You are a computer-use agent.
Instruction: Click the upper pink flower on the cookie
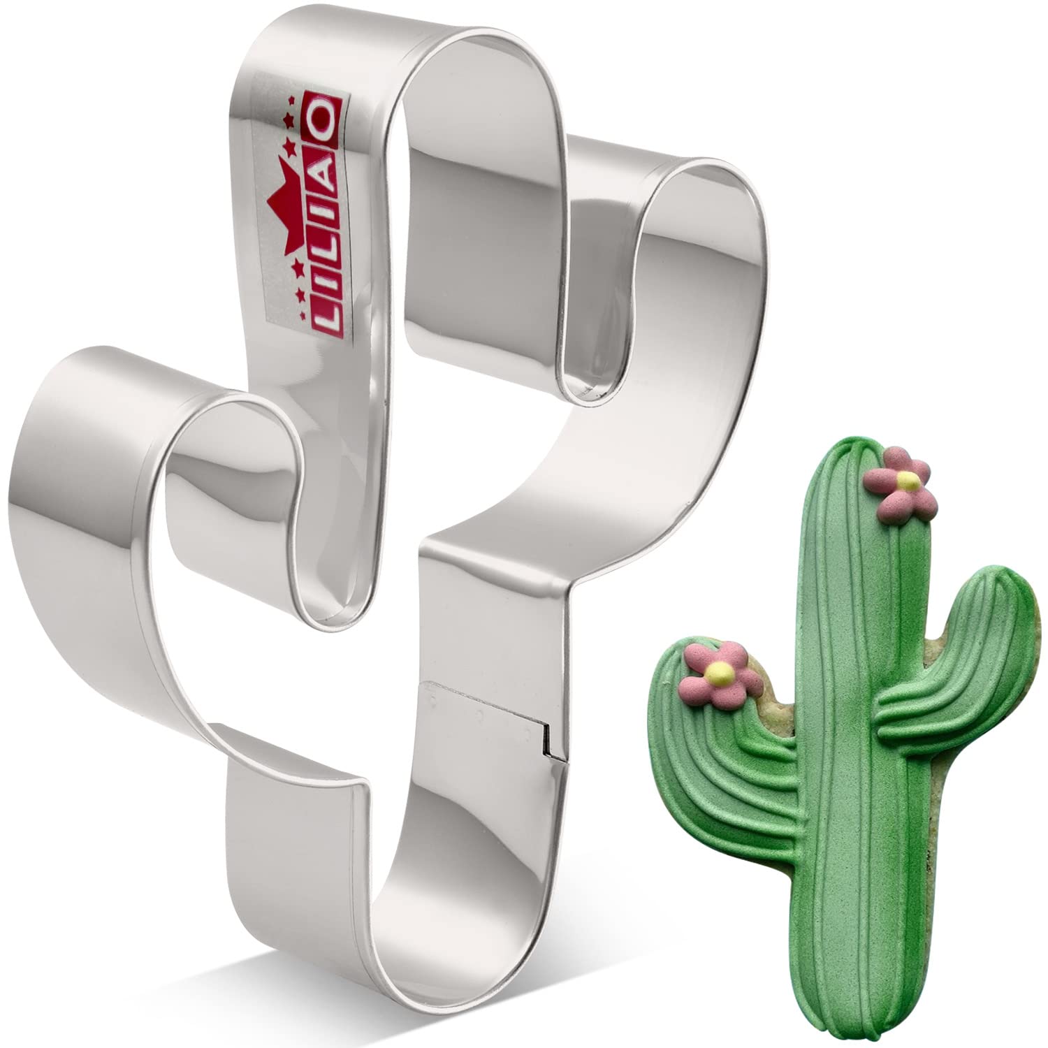click(x=901, y=481)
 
